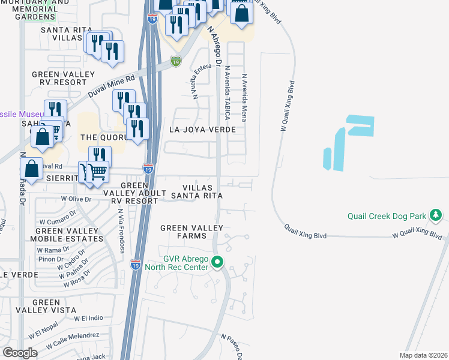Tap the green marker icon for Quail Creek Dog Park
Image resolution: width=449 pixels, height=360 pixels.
click(444, 214)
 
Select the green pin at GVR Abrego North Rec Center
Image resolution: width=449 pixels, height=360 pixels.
click(218, 262)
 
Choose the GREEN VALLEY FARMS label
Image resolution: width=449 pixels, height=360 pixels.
click(191, 232)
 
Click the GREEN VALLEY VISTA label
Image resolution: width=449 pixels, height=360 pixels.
click(55, 307)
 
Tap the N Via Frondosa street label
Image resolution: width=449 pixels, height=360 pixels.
click(122, 230)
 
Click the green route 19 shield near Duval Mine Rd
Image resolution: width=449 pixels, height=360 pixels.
click(175, 61)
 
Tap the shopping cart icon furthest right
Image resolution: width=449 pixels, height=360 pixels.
click(97, 172)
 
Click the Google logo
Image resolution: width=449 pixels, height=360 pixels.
click(20, 353)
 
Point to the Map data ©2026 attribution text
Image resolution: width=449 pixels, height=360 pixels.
click(423, 355)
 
